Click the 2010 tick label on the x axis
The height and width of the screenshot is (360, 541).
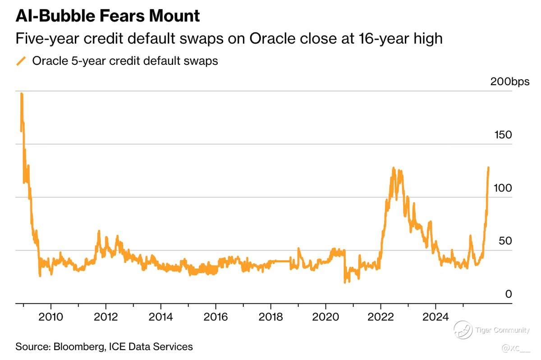point(50,317)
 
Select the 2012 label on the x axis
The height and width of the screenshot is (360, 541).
point(105,317)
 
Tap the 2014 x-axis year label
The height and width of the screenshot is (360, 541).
point(160,317)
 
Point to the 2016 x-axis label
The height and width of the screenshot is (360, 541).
point(215,317)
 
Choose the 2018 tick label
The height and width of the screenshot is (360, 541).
point(270,317)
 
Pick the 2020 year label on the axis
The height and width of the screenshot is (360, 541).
point(326,317)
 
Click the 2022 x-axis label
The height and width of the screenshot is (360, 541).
point(381,317)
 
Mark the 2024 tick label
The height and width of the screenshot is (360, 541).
point(436,317)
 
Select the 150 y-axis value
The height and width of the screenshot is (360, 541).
point(503,135)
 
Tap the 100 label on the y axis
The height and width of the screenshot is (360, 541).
point(503,188)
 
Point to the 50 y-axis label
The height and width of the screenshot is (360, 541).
point(505,241)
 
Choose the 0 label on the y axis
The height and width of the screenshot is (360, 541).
point(509,294)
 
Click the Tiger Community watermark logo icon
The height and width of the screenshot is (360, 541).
point(463,330)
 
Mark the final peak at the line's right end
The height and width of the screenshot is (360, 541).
point(489,168)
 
